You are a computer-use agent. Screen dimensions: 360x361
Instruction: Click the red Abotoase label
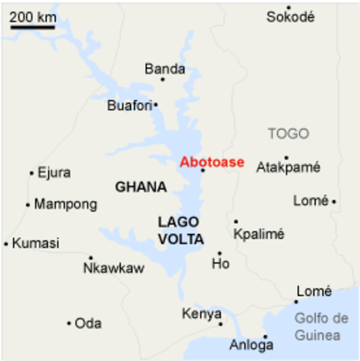coord(212,162)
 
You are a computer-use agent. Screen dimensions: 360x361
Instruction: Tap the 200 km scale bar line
coord(33,28)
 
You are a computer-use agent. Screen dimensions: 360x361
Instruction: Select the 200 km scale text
coord(33,17)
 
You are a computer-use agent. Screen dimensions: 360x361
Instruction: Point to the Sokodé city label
coord(290,17)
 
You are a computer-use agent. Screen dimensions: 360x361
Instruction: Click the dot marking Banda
coord(163,79)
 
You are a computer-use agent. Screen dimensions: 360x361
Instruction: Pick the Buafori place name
coord(130,106)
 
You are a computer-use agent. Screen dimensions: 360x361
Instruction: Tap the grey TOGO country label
coord(289,134)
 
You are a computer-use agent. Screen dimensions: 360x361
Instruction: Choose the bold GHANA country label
coord(141,187)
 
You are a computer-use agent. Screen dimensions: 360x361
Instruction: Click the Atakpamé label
coord(288,167)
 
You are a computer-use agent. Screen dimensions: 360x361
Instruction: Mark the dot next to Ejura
coord(31,173)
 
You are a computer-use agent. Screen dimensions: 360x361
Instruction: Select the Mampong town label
coord(66,204)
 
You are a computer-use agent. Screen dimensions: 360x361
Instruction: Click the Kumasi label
coord(35,243)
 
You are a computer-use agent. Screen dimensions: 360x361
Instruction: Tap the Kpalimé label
coord(259,234)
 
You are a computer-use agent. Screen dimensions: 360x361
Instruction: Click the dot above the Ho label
coord(220,253)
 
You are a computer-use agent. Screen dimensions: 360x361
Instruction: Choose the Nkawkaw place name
coord(114,268)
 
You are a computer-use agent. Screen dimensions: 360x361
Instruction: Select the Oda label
coord(88,324)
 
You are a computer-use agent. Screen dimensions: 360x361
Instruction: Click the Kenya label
coord(202,314)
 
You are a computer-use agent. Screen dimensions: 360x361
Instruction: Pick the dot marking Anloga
coord(265,337)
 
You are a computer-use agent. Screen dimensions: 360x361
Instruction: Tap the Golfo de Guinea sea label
coord(321,327)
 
